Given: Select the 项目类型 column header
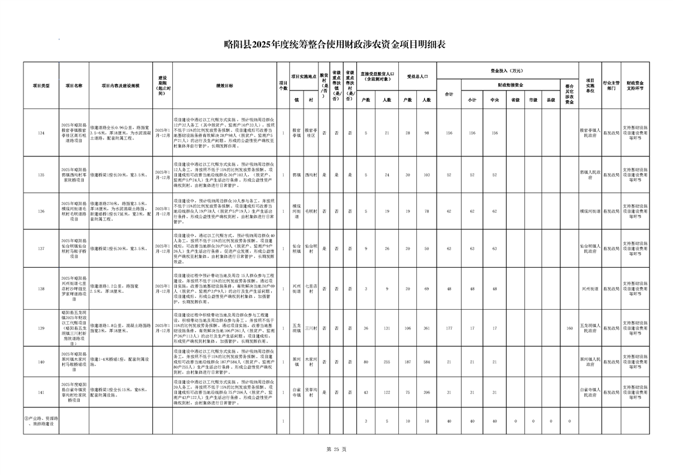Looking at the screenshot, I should (x=41, y=86).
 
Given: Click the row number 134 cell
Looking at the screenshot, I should (x=41, y=132).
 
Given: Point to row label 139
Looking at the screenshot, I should (x=41, y=328).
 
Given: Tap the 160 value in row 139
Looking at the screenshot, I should (x=569, y=328).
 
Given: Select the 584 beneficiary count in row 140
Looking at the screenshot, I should (x=426, y=362).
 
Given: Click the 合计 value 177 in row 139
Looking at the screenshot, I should (x=449, y=328).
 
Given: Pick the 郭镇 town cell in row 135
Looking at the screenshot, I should (x=296, y=175).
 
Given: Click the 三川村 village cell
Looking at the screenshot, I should (x=310, y=328).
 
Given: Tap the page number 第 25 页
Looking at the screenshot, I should (x=336, y=449).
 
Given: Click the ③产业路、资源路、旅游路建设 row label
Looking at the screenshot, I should (x=41, y=422).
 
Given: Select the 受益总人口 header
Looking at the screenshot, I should (x=417, y=77).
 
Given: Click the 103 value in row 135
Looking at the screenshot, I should (x=426, y=175).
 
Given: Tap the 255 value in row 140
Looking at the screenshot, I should (x=387, y=362).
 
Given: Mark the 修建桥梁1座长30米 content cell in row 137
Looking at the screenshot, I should (x=120, y=247).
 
